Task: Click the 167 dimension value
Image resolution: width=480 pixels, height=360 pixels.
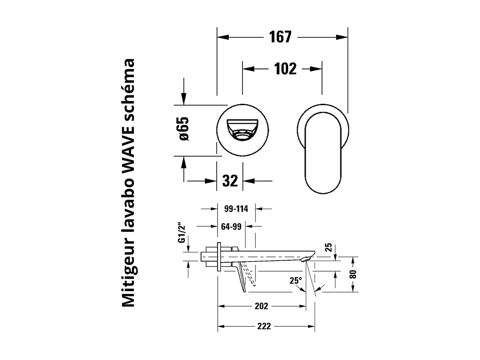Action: pos(280,37)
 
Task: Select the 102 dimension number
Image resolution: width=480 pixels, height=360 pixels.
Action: pos(285,69)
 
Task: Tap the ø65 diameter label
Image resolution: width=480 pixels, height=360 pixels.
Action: pos(183,129)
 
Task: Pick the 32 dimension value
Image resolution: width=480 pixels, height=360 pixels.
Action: pos(230,180)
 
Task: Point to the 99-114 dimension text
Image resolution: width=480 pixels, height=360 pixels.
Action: pos(236,209)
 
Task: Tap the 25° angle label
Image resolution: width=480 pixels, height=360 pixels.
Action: pos(295,280)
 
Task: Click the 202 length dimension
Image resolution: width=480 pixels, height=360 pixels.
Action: pos(261,306)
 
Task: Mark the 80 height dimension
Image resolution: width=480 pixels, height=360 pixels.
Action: pos(353,274)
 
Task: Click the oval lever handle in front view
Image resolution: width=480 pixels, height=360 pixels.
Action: pos(323,152)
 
